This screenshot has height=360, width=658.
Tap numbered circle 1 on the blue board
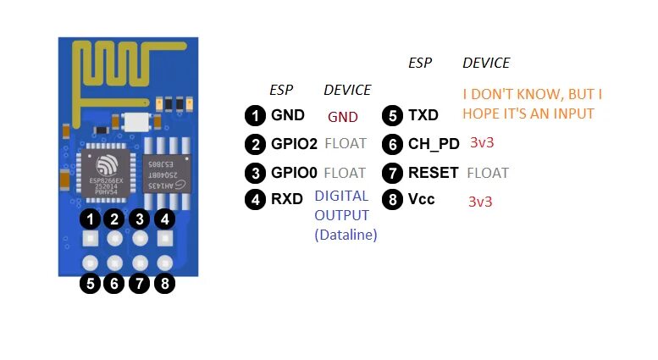(90, 219)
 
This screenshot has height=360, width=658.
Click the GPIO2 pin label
(294, 144)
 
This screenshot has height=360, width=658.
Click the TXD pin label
(423, 115)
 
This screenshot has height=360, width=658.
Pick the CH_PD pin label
(432, 144)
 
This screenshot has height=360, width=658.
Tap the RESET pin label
(433, 173)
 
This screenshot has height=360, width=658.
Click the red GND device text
(342, 117)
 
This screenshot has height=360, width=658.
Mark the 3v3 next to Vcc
(480, 202)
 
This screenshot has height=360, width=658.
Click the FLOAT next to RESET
(487, 173)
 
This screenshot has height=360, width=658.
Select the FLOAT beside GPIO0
(345, 173)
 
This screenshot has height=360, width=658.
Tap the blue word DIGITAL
(341, 196)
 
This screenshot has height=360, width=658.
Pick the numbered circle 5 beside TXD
(392, 115)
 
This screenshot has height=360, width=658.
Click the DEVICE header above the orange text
(486, 63)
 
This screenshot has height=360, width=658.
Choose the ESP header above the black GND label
(281, 90)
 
